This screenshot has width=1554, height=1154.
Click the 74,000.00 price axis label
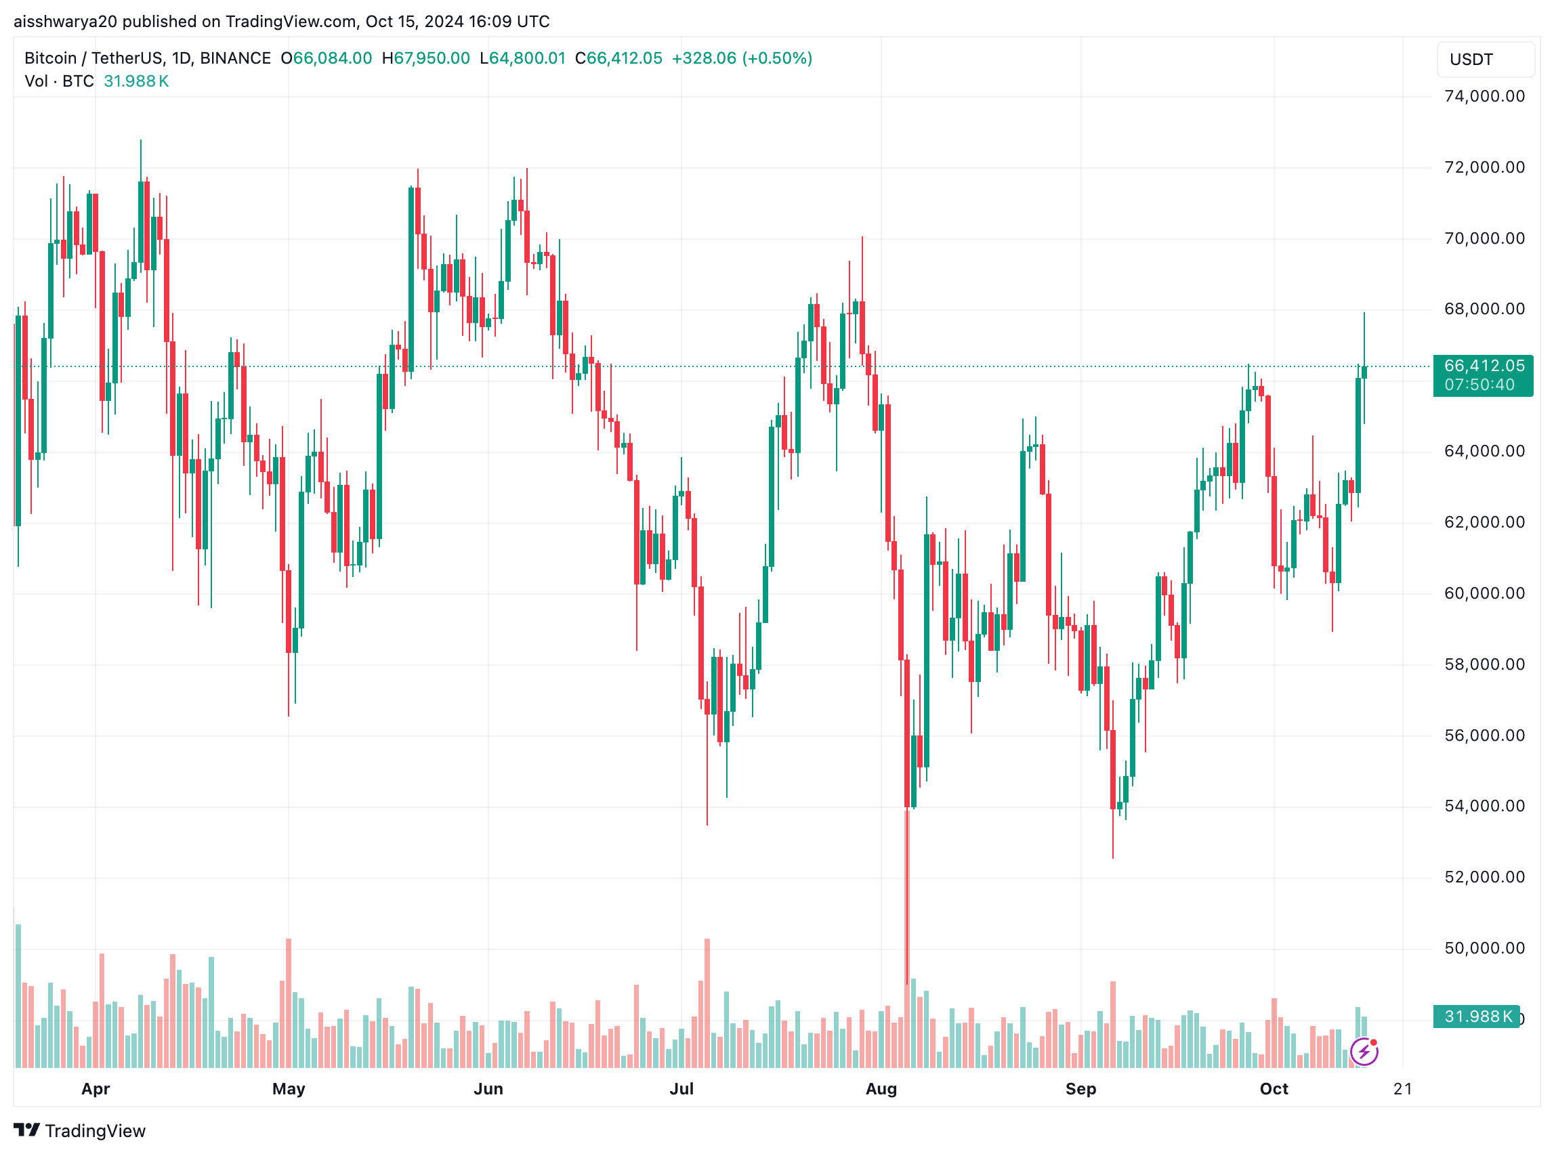coord(1484,96)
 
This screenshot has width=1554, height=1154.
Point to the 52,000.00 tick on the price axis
coord(1484,878)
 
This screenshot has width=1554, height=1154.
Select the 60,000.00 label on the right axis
coord(1484,594)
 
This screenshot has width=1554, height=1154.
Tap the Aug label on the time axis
coord(881,1089)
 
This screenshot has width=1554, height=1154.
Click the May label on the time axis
coord(289,1089)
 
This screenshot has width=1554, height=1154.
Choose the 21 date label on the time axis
coord(1402,1089)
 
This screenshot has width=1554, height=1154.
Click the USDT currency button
coord(1485,60)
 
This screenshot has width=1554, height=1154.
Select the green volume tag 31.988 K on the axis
coord(1475,1017)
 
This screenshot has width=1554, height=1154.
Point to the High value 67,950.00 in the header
coord(431,58)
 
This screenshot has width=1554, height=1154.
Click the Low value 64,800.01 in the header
coord(527,58)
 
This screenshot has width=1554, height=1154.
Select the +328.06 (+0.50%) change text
coord(741,58)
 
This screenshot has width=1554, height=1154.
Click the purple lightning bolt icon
coord(1364,1051)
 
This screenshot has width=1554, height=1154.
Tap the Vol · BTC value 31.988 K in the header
coord(136,81)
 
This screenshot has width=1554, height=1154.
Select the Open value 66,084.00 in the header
coord(332,58)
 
